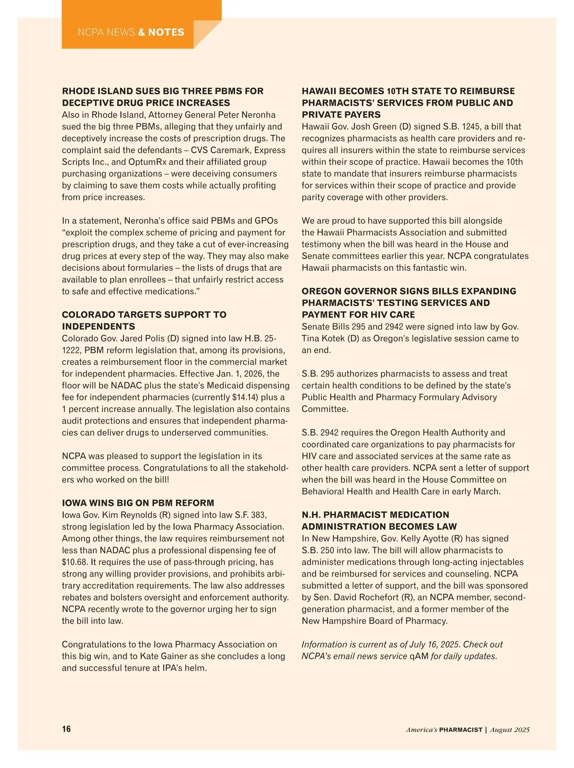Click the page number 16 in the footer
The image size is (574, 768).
click(x=66, y=729)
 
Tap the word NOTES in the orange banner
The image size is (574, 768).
click(x=166, y=33)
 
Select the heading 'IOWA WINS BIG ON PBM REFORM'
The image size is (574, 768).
click(x=138, y=503)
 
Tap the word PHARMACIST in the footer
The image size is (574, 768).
click(x=461, y=730)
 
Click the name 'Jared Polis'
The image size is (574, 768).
click(x=143, y=339)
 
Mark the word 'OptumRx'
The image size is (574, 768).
click(x=147, y=162)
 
